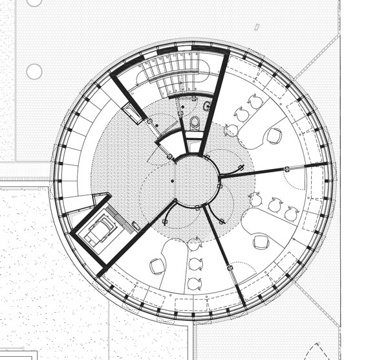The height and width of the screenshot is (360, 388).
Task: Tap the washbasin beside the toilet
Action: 207,105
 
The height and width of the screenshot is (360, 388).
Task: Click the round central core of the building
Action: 196,182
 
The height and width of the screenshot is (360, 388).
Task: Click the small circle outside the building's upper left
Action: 34,71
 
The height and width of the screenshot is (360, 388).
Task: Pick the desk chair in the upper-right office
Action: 275,135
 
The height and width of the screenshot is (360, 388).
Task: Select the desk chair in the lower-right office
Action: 261,242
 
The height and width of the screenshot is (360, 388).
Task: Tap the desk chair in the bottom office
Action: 157,265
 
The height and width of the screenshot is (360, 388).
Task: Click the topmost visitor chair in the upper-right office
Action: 255,102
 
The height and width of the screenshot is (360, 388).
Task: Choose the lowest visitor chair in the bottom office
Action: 195,284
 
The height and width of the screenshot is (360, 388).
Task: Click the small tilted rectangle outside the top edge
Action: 257,27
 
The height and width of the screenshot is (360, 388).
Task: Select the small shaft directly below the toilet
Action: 194,145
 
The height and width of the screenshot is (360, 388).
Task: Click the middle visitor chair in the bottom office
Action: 195,264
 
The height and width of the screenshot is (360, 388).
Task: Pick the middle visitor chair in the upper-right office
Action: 242,115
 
